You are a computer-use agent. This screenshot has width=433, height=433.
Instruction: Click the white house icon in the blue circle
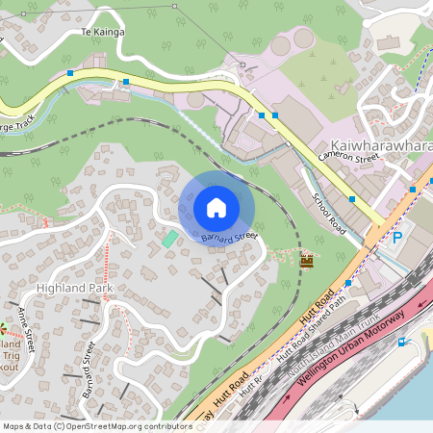click(x=216, y=207)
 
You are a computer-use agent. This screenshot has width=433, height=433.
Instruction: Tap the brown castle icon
click(x=308, y=260)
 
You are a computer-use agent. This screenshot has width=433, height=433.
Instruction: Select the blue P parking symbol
click(x=396, y=238)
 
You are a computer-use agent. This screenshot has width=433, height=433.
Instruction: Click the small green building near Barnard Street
click(x=169, y=238)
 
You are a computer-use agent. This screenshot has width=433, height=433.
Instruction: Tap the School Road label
click(x=330, y=213)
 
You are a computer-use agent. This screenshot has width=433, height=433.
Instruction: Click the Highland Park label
click(x=74, y=289)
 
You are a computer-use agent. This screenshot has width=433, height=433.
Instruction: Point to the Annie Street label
click(x=22, y=318)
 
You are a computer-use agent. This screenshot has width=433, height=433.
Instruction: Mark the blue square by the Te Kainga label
click(x=70, y=73)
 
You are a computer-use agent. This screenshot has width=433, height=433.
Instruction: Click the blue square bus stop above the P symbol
click(x=412, y=190)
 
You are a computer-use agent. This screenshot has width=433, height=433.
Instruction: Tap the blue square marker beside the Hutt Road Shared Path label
click(x=348, y=284)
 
